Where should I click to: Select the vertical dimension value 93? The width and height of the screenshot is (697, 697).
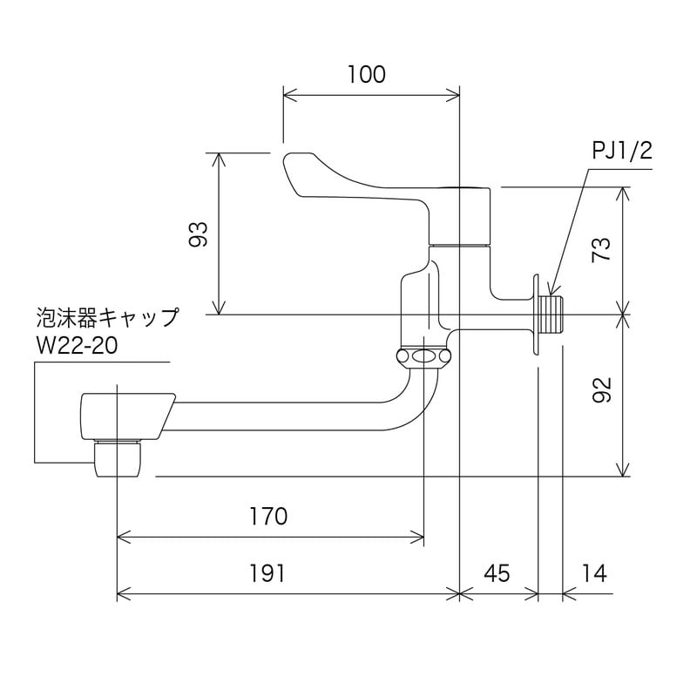pos(200,233)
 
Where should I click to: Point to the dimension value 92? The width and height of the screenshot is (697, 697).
pos(601,395)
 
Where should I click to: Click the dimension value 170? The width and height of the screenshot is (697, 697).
pos(268,517)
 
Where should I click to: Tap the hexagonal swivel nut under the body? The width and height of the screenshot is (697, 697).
pos(424,356)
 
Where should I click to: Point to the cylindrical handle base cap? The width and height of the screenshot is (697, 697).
pos(462,216)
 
